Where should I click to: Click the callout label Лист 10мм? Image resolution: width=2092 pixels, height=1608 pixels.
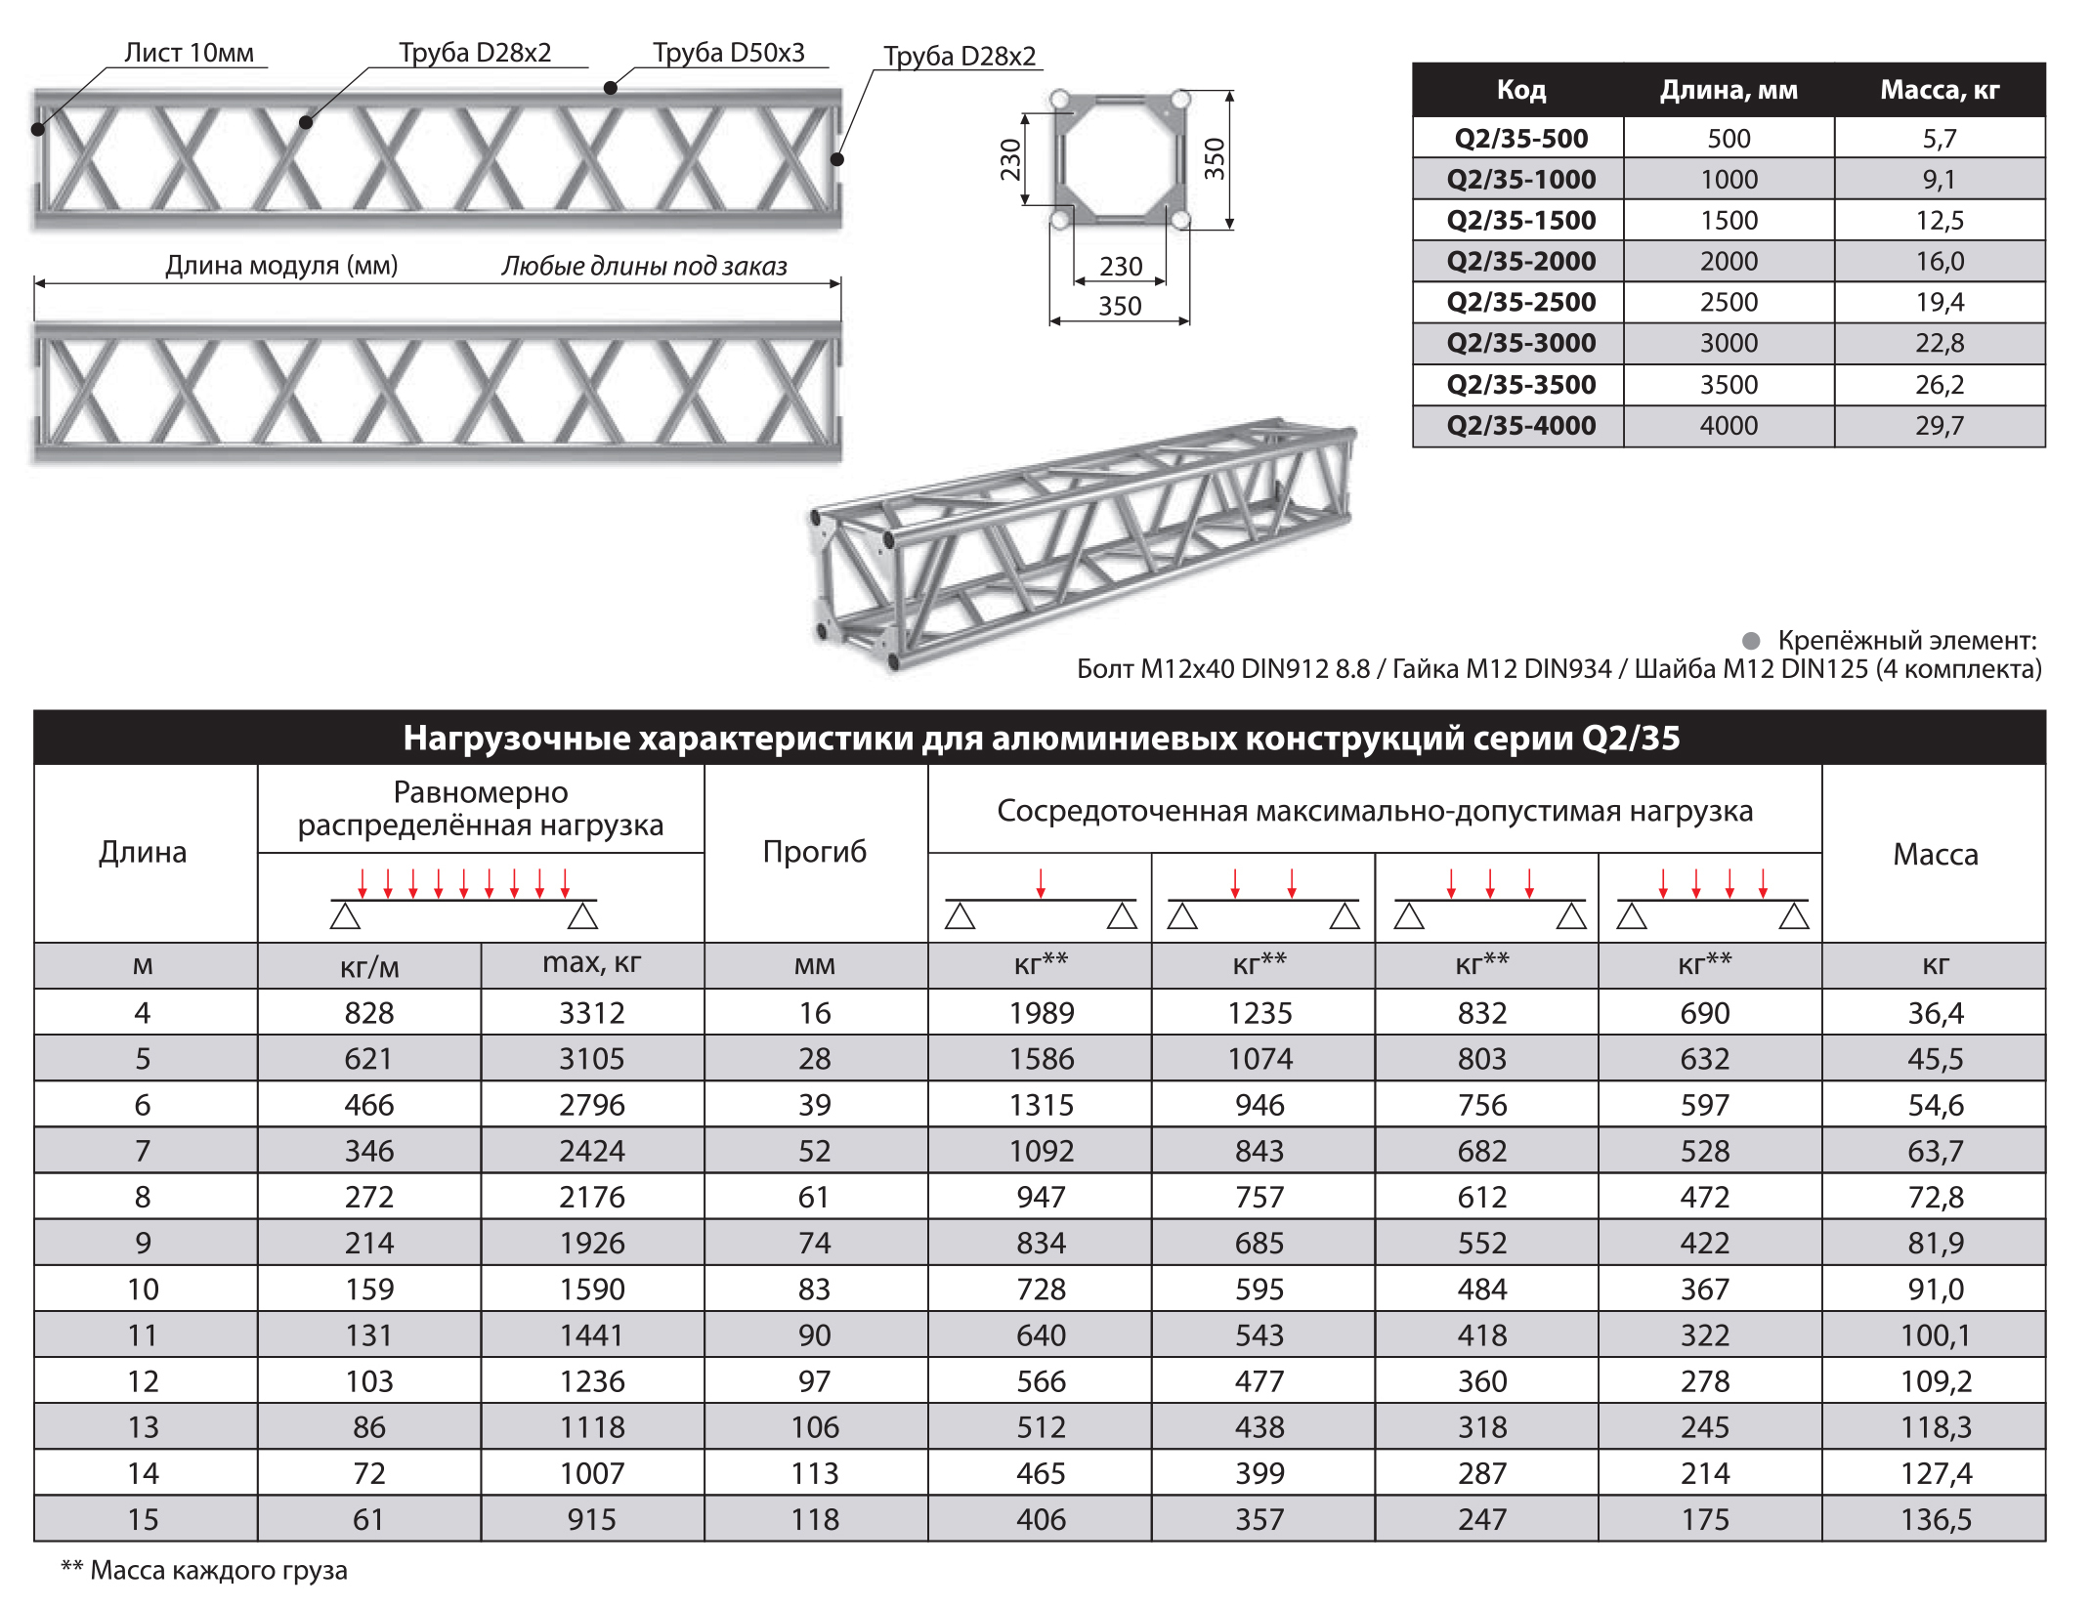(189, 53)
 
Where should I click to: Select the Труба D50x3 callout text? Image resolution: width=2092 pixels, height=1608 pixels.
(728, 53)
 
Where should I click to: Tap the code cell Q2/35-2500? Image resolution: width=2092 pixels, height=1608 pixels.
(1520, 302)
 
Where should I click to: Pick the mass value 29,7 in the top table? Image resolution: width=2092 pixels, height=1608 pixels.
(1939, 426)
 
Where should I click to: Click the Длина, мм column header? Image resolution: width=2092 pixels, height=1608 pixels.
(1728, 90)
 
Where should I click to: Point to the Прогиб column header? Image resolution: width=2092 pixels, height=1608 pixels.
(814, 852)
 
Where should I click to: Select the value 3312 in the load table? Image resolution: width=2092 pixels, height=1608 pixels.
(591, 1013)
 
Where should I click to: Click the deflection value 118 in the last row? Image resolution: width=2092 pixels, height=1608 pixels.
(814, 1519)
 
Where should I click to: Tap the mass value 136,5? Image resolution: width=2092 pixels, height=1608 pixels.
(1935, 1519)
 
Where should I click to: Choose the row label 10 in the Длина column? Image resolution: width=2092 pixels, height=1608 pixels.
(143, 1290)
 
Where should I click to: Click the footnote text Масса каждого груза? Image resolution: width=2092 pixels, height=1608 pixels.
(218, 1571)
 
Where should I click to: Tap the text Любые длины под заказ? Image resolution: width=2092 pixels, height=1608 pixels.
(644, 266)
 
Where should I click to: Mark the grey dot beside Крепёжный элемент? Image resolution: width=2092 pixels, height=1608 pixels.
(1751, 641)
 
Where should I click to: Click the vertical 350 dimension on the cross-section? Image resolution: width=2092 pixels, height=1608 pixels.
(1214, 159)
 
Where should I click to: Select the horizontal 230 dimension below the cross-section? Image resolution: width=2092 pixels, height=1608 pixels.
(1120, 267)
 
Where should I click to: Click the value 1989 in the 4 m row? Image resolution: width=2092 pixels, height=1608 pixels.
(1041, 1013)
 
